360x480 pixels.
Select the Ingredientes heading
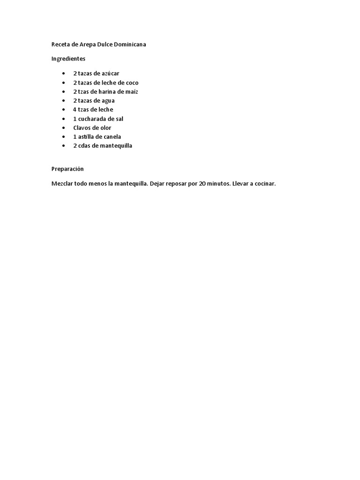tap(68, 59)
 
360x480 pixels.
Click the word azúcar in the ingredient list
tap(111, 74)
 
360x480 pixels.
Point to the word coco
tap(132, 83)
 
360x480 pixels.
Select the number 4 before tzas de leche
tap(75, 110)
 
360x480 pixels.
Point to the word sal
tap(119, 119)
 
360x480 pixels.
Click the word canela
tap(112, 137)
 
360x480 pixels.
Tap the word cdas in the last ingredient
tap(84, 146)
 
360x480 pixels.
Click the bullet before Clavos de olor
tap(63, 128)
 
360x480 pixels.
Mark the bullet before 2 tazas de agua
tap(63, 101)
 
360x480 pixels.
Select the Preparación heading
tap(67, 169)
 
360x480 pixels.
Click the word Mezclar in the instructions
tap(62, 184)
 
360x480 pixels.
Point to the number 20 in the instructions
tap(202, 184)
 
